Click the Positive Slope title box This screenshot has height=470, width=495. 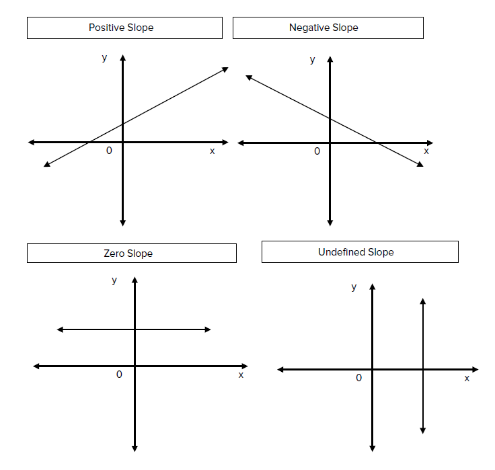[x=124, y=28]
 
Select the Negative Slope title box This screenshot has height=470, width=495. [x=328, y=28]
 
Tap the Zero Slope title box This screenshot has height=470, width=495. [x=131, y=253]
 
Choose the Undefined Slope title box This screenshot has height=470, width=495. [x=360, y=252]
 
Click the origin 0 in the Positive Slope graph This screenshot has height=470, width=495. [x=109, y=151]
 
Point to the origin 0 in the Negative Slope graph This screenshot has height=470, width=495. [x=317, y=151]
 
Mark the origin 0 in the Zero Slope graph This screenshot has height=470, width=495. [x=119, y=375]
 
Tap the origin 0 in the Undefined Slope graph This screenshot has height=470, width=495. [x=358, y=378]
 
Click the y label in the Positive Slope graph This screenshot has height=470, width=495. [x=104, y=58]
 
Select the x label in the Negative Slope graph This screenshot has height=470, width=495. [x=426, y=151]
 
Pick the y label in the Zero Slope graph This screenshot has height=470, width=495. [x=114, y=280]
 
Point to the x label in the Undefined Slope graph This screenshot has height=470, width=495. [x=467, y=379]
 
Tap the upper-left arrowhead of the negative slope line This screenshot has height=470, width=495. [x=248, y=77]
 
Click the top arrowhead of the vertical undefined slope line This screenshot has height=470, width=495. [x=422, y=301]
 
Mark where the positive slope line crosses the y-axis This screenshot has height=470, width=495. [x=123, y=123]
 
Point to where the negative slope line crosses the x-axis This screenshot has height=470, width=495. [x=375, y=143]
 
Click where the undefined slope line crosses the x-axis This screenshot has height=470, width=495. [x=422, y=369]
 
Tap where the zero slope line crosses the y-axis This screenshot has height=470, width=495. [x=135, y=329]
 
